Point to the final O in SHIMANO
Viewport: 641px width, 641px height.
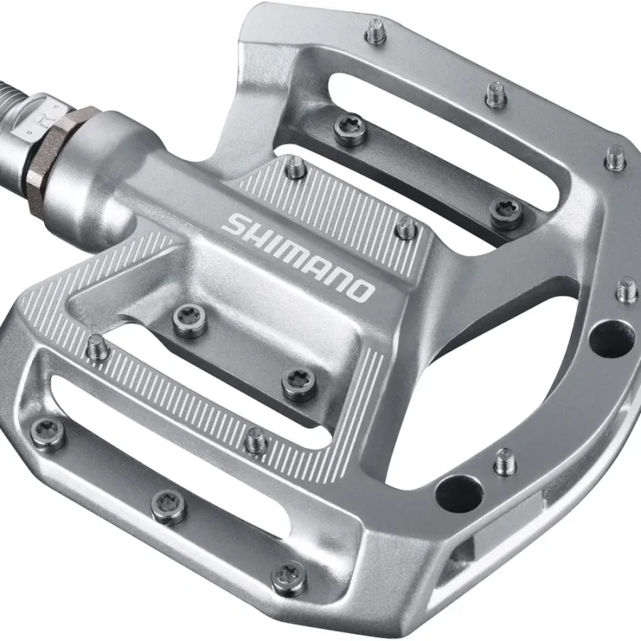pos(361,289)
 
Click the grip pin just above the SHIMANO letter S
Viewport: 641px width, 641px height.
pos(296,167)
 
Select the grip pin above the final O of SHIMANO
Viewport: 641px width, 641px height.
pos(406,228)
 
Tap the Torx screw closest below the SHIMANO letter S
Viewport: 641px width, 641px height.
pos(190,321)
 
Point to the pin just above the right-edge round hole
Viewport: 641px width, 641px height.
pos(627,289)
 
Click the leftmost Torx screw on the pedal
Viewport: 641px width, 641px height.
pos(49,433)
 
